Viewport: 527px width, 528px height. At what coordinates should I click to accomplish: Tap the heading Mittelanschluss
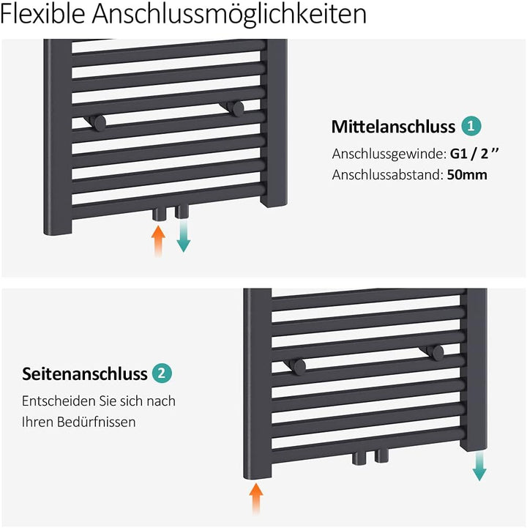pos(393,127)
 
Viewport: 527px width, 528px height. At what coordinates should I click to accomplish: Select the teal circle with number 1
pos(471,126)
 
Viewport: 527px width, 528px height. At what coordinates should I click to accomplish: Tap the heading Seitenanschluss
pos(85,374)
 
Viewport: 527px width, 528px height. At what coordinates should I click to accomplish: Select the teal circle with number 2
pos(162,373)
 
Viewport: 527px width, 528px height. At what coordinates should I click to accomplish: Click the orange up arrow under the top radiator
pos(157,240)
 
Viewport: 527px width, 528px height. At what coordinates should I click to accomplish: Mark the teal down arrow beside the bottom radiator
pos(479,465)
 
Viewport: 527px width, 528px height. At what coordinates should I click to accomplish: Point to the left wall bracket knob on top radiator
pos(98,122)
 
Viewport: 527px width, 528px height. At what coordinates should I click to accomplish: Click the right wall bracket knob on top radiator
pos(236,108)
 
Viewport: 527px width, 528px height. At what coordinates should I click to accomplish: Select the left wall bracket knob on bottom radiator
pos(299,365)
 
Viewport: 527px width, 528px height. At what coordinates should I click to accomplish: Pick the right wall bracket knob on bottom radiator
pos(437,352)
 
